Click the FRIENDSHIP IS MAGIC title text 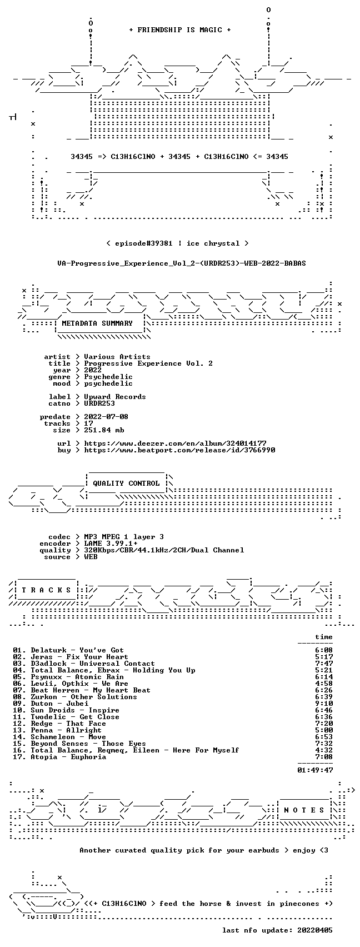pyautogui.click(x=180, y=30)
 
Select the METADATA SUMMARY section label pyautogui.click(x=97, y=323)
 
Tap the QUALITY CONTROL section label pyautogui.click(x=126, y=483)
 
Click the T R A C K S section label pyautogui.click(x=47, y=590)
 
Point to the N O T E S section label pyautogui.click(x=304, y=810)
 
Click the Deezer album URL pyautogui.click(x=176, y=443)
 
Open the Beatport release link pyautogui.click(x=179, y=450)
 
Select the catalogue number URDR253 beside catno pyautogui.click(x=99, y=403)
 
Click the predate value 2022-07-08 pyautogui.click(x=106, y=417)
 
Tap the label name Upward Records pyautogui.click(x=115, y=397)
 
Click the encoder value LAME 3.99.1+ pyautogui.click(x=111, y=544)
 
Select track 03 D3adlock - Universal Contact pyautogui.click(x=84, y=664)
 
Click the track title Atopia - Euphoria pyautogui.click(x=68, y=757)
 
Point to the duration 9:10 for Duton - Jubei pyautogui.click(x=324, y=704)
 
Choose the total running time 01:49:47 pyautogui.click(x=315, y=770)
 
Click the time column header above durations pyautogui.click(x=324, y=637)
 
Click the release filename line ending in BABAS pyautogui.click(x=182, y=263)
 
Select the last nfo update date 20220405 pyautogui.click(x=315, y=930)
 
